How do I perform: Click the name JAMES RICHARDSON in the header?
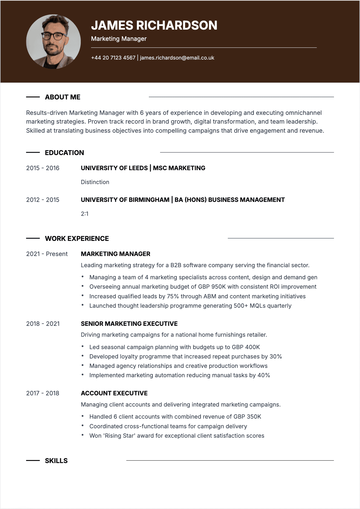pyautogui.click(x=154, y=25)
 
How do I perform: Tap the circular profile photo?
pyautogui.click(x=54, y=42)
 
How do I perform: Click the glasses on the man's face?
pyautogui.click(x=54, y=36)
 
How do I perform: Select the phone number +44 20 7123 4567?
pyautogui.click(x=113, y=58)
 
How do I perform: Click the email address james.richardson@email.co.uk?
pyautogui.click(x=177, y=58)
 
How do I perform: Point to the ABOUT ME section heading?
pyautogui.click(x=63, y=97)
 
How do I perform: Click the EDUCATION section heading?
pyautogui.click(x=64, y=153)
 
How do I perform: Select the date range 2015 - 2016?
pyautogui.click(x=43, y=168)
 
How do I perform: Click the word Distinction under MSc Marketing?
pyautogui.click(x=95, y=182)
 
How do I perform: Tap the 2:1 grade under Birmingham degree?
pyautogui.click(x=85, y=214)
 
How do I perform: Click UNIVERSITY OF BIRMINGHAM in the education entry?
pyautogui.click(x=125, y=200)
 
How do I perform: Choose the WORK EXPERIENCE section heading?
pyautogui.click(x=77, y=238)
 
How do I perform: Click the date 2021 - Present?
pyautogui.click(x=47, y=254)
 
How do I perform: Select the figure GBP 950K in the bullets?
pyautogui.click(x=212, y=287)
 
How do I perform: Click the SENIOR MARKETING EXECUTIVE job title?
pyautogui.click(x=129, y=324)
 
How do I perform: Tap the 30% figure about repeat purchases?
pyautogui.click(x=276, y=356)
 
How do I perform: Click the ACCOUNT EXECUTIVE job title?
pyautogui.click(x=114, y=393)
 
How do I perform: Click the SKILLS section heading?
pyautogui.click(x=56, y=461)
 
